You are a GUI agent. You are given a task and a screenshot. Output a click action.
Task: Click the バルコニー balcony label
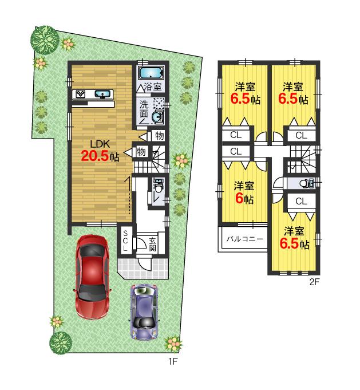[x=242, y=238]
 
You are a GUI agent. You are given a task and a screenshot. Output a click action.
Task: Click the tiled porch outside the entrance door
[x=143, y=266]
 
